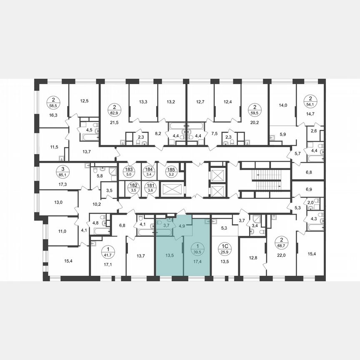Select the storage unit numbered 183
click(x=128, y=172)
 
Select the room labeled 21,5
click(x=113, y=122)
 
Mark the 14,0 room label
click(x=283, y=105)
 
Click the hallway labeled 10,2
click(x=97, y=204)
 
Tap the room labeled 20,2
click(x=255, y=122)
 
